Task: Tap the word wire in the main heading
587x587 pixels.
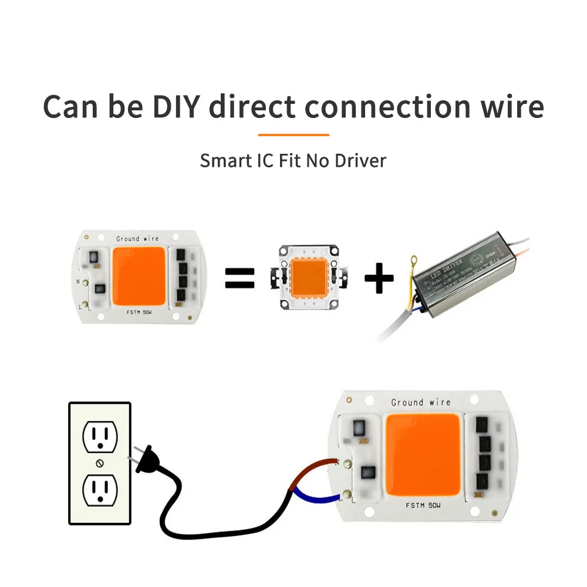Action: coord(510,107)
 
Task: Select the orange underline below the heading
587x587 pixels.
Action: coord(293,134)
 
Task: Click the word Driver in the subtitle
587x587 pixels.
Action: coord(360,160)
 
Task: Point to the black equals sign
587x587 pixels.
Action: coord(240,278)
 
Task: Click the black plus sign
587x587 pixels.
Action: coord(379,278)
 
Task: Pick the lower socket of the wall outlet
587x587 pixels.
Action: coord(100,490)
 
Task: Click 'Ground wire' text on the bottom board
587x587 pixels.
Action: coord(421,403)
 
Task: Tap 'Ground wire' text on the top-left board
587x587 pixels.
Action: coord(137,239)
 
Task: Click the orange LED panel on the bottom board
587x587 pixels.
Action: coord(423,455)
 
